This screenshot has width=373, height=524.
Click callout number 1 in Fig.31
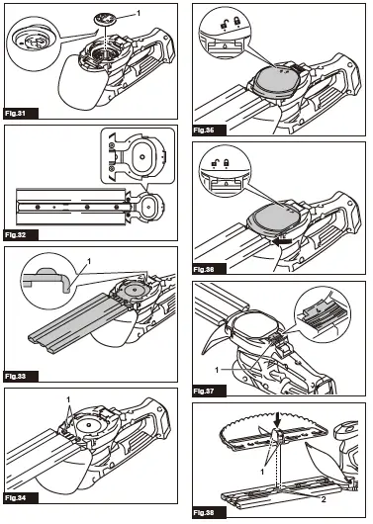(139, 12)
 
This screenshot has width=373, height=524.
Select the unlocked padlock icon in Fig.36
(215, 163)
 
